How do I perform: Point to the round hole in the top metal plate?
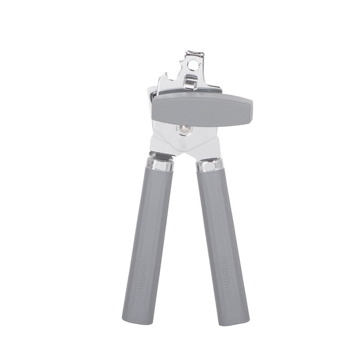point(193,66)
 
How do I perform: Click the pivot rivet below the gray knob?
point(183,130)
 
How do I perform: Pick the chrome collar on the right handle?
point(209,165)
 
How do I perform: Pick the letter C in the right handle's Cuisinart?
point(224,260)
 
